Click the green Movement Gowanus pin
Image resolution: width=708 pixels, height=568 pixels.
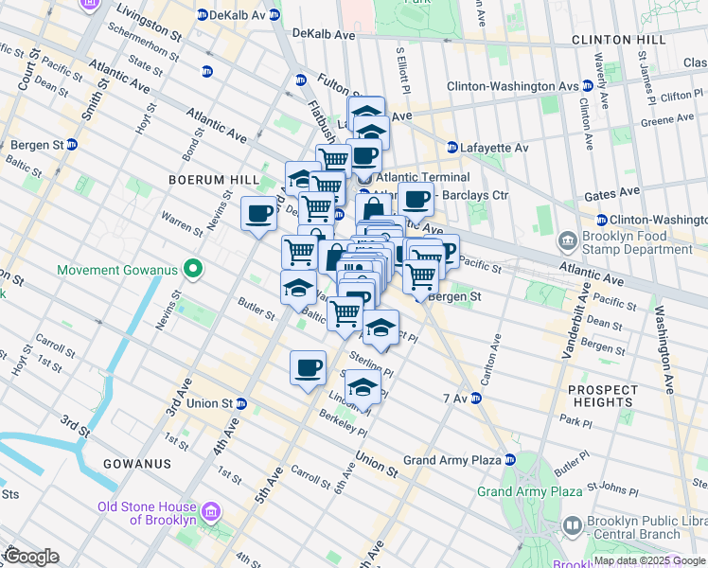(193, 271)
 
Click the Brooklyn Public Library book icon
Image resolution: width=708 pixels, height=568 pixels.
(572, 525)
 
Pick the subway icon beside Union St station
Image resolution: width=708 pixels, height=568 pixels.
(241, 403)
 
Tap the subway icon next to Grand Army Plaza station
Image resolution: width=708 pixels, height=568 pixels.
(509, 460)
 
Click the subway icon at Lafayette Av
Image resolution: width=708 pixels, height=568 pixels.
(451, 148)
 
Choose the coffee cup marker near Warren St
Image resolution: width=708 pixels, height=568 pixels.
(259, 213)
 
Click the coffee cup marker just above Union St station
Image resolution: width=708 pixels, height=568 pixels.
(307, 367)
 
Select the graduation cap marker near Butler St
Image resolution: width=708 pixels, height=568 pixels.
(298, 286)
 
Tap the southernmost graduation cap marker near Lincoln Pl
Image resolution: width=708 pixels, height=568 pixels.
(362, 385)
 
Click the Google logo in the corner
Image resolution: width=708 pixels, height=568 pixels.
(30, 556)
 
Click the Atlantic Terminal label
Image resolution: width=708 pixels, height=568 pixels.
(422, 177)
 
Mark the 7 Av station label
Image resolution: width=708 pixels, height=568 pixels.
(455, 399)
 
